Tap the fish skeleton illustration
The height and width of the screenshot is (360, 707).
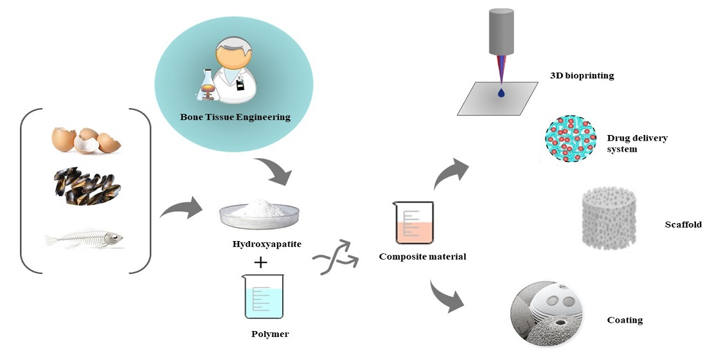(x=84, y=240)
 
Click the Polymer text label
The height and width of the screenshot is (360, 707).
(x=270, y=334)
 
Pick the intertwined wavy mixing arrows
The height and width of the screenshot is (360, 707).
(x=335, y=258)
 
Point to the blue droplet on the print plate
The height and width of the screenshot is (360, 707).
(x=501, y=94)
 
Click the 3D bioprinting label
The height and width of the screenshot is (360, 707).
(x=582, y=75)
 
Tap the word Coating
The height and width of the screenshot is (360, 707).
(x=624, y=320)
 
